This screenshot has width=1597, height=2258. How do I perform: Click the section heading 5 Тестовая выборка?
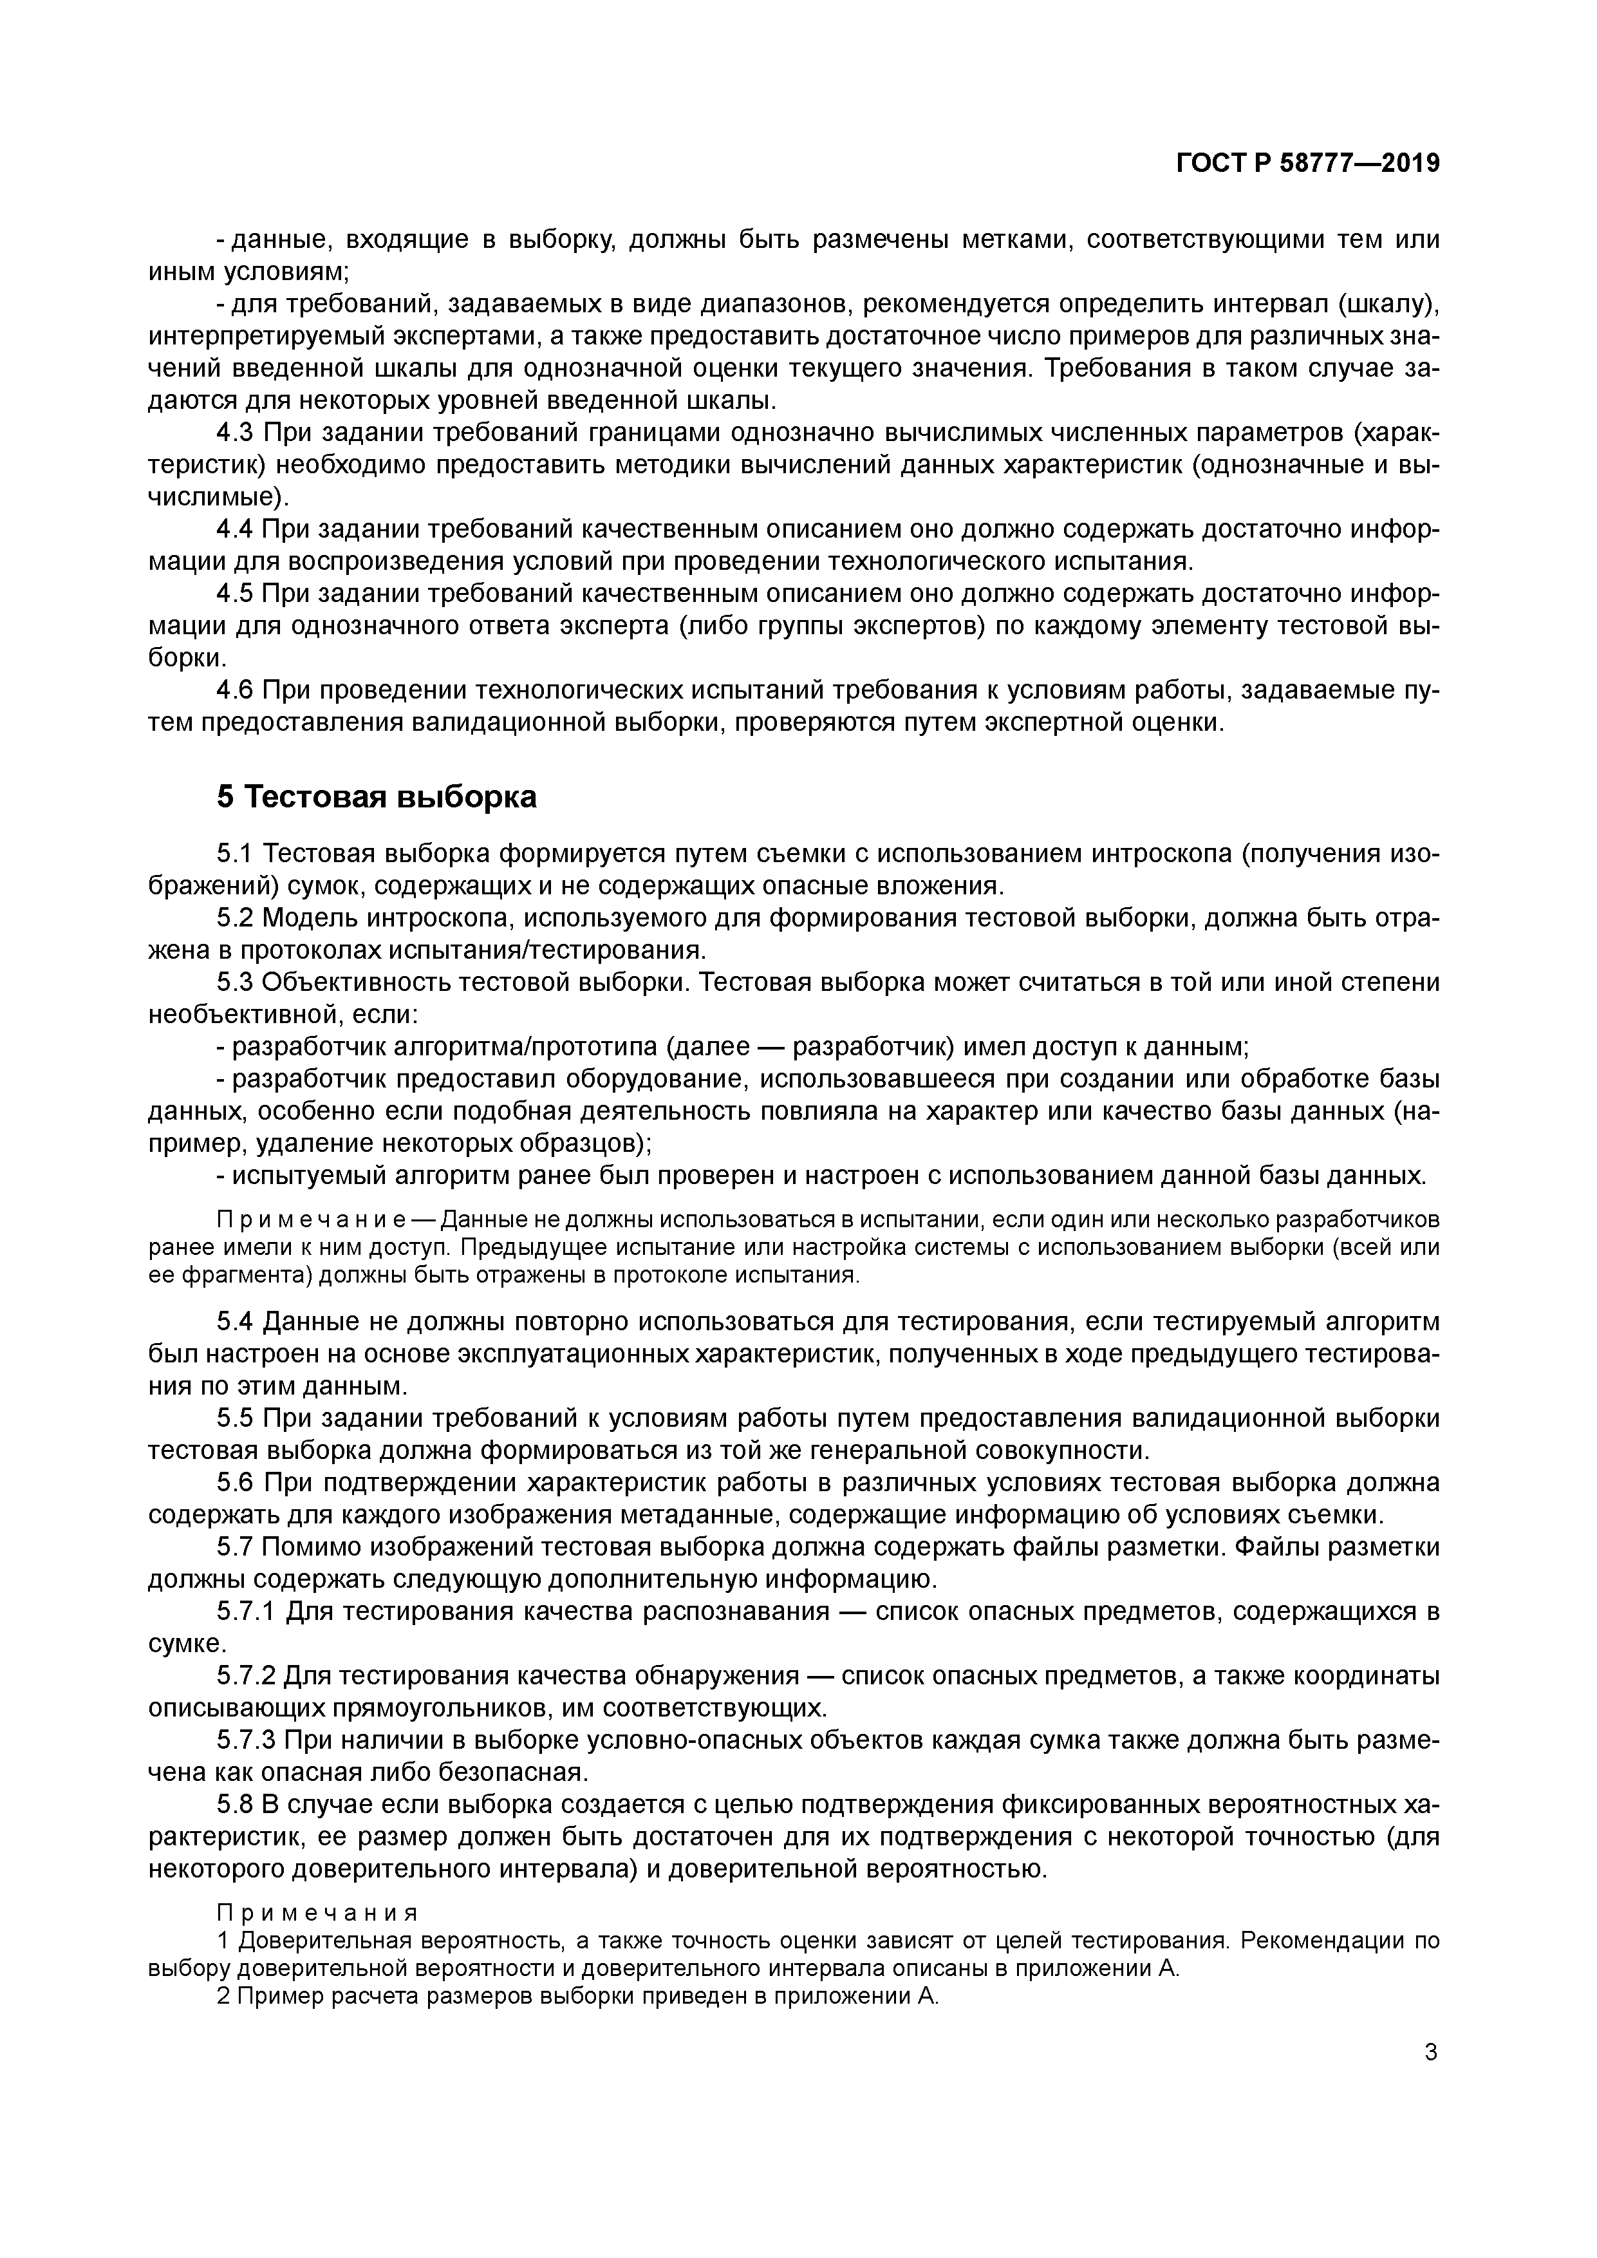pos(377,796)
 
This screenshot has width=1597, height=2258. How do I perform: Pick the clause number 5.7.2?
pos(246,1675)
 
